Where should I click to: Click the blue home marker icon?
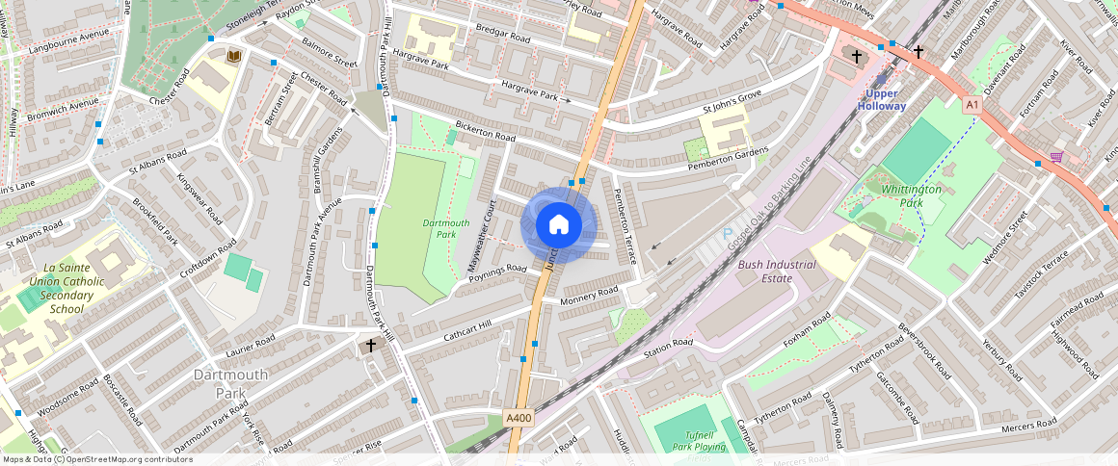(x=558, y=225)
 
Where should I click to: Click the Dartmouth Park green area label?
(x=446, y=228)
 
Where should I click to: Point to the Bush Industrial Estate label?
(x=777, y=272)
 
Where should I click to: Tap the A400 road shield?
(x=519, y=417)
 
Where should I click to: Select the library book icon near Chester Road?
(x=232, y=58)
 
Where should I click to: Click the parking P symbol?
(x=728, y=234)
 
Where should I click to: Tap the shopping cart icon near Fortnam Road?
(x=1056, y=156)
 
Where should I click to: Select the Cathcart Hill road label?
(x=468, y=332)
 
